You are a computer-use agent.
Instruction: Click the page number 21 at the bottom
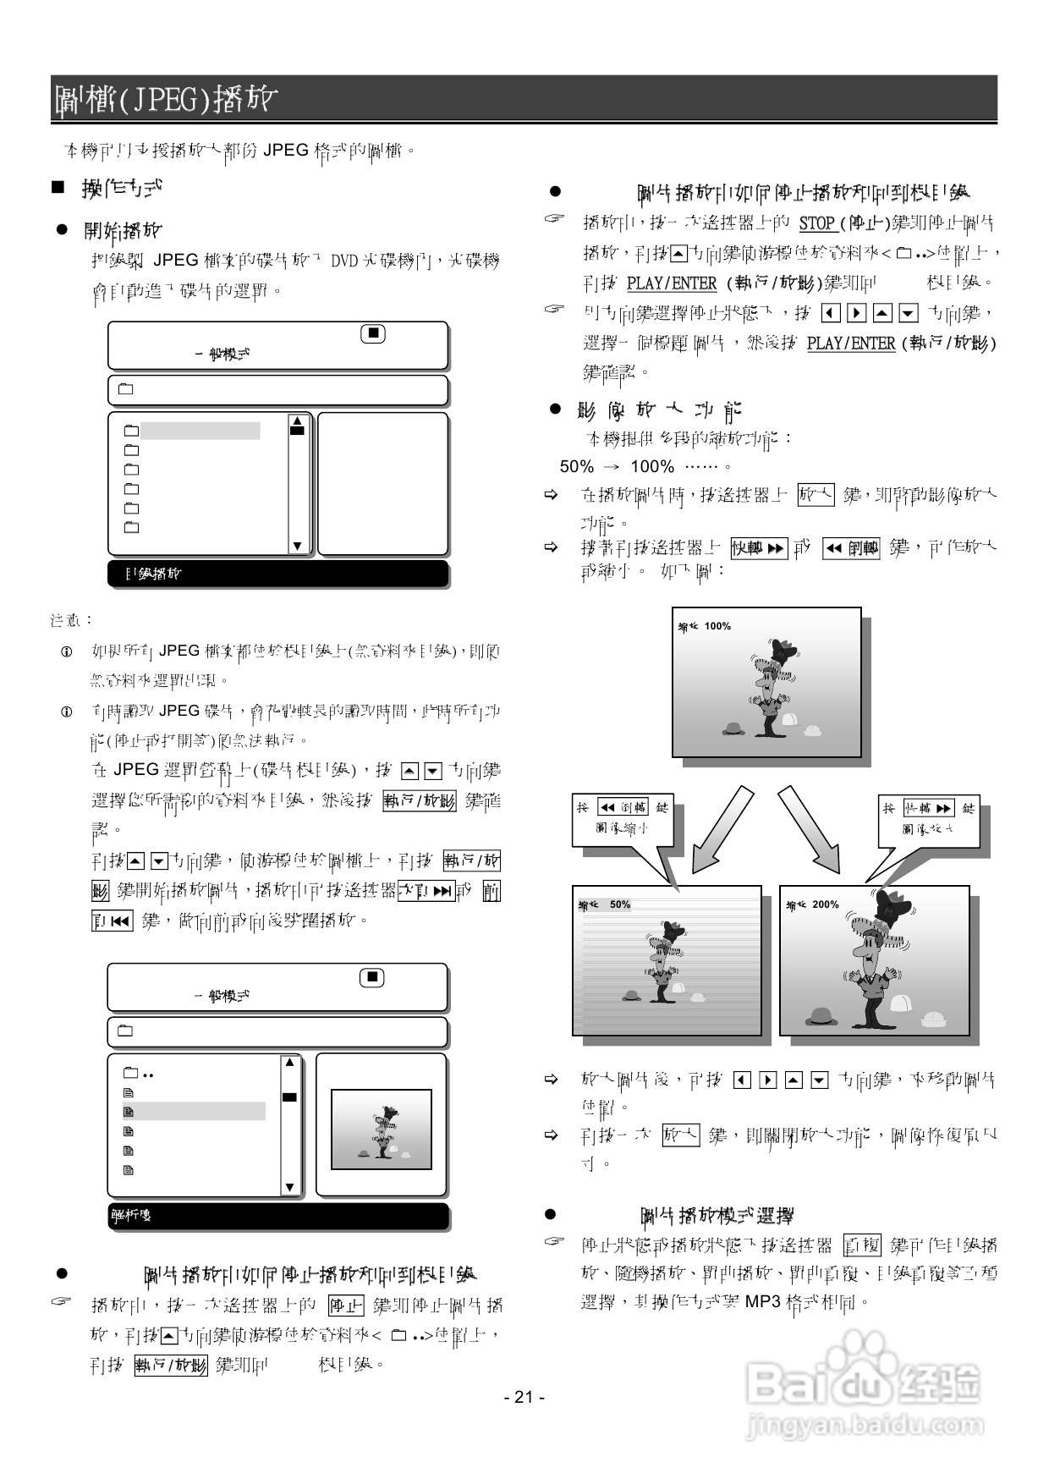coord(524,1397)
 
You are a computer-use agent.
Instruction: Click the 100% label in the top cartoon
coord(717,626)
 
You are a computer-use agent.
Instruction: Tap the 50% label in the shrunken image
coord(619,904)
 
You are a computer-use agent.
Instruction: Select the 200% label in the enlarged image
coord(825,904)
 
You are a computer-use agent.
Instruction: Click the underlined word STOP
coord(817,223)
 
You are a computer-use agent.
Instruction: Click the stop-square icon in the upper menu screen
coord(373,333)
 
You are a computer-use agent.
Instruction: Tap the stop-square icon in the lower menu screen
coord(372,977)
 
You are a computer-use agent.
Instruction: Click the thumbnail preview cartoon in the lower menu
coord(381,1129)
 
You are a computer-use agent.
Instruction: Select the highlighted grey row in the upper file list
coord(200,431)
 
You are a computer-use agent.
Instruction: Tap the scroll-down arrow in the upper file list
coord(297,546)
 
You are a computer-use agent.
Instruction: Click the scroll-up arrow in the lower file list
coord(289,1062)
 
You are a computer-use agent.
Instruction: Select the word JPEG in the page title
coord(166,100)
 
